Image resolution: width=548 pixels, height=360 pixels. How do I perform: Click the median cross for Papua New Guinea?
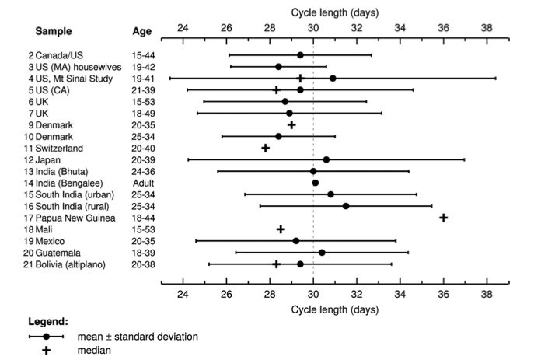[x=443, y=218]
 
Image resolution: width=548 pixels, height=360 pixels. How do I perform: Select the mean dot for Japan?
[x=326, y=159]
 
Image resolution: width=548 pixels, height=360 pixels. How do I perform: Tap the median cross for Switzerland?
[x=265, y=148]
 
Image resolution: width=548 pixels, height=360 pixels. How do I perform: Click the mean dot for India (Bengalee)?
[x=315, y=183]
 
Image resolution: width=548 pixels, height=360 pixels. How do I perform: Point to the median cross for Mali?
[x=281, y=229]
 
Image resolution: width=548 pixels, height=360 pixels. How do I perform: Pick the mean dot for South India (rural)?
[x=346, y=206]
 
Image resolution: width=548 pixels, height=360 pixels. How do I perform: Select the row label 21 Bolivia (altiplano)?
[x=68, y=264]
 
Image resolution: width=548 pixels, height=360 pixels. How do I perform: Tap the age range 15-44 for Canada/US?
[x=145, y=55]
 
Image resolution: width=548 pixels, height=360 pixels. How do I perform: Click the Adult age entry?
[x=145, y=183]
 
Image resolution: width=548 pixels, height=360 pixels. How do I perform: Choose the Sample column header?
[x=54, y=32]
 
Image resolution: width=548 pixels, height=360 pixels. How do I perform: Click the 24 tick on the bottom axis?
[x=183, y=295]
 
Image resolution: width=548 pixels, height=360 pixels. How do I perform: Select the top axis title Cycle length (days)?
[x=335, y=12]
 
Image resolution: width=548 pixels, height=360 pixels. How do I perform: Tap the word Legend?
[x=49, y=321]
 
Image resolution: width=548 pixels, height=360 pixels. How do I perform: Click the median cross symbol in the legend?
[x=47, y=351]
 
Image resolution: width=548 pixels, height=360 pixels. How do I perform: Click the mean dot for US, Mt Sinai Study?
[x=333, y=79]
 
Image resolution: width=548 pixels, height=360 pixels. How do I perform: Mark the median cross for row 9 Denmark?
[x=291, y=124]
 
